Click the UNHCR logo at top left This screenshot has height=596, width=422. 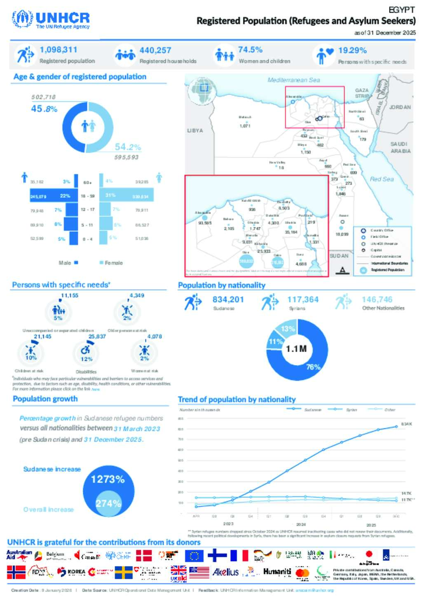coord(51,19)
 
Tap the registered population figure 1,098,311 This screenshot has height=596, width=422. coord(59,50)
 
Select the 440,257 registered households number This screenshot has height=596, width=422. coord(155,50)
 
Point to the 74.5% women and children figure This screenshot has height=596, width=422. coord(250,50)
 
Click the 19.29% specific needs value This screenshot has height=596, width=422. coord(352,50)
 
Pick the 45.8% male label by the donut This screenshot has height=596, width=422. coord(44,109)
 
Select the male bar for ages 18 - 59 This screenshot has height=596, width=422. coord(54,195)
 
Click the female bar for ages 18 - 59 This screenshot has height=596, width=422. coord(127,195)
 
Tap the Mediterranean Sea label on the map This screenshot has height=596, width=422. coord(293,80)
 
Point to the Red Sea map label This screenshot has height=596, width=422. coord(382,179)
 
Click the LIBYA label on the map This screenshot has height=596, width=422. coord(195,130)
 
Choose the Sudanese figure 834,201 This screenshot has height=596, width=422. coord(228,299)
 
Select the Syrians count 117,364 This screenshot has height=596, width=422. coord(303,299)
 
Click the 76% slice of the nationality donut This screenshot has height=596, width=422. coord(315,362)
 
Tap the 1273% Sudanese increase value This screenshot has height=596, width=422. coord(108,479)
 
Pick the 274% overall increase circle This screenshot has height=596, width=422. coord(108,503)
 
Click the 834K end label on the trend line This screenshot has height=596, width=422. coord(406,424)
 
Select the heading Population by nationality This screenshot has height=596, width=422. coord(222,285)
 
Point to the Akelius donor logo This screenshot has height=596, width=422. coord(225,572)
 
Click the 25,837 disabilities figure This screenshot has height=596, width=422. coord(97,336)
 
